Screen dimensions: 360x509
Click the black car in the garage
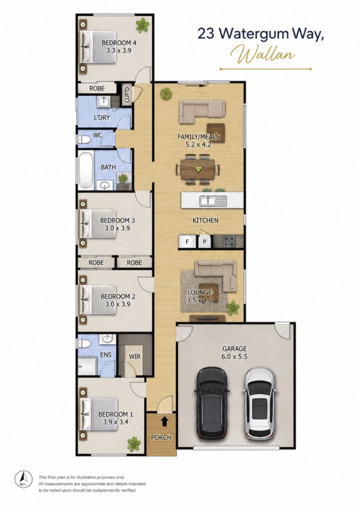211,403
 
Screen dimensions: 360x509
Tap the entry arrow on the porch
165,421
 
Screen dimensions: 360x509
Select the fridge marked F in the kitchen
187,242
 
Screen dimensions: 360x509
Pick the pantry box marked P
205,242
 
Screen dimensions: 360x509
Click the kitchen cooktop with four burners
229,242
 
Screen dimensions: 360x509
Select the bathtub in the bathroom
85,170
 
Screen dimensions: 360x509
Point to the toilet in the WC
84,140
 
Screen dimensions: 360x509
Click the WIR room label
135,357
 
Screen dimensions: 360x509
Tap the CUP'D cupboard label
127,94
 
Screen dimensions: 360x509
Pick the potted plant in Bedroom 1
134,444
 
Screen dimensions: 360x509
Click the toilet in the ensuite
85,343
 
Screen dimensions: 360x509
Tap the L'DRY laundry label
101,118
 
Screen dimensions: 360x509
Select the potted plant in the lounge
233,308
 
